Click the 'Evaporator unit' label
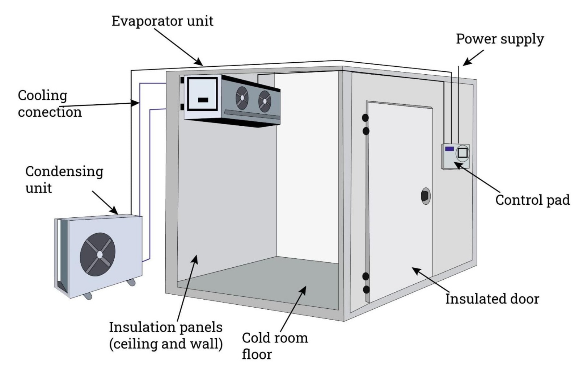[x=162, y=21]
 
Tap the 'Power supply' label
[x=500, y=39]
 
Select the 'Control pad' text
[x=532, y=200]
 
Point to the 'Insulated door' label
[x=492, y=299]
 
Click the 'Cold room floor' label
[x=275, y=346]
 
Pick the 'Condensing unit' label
[x=64, y=179]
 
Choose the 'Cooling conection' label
[x=50, y=104]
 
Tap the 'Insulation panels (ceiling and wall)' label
[x=166, y=335]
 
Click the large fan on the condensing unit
[x=98, y=254]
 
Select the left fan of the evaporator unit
[x=242, y=98]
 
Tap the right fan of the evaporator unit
[x=265, y=101]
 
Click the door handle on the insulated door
[x=425, y=196]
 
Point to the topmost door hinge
[x=365, y=118]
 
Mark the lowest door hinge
[x=366, y=289]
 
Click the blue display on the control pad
[x=449, y=149]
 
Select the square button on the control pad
[x=462, y=153]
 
